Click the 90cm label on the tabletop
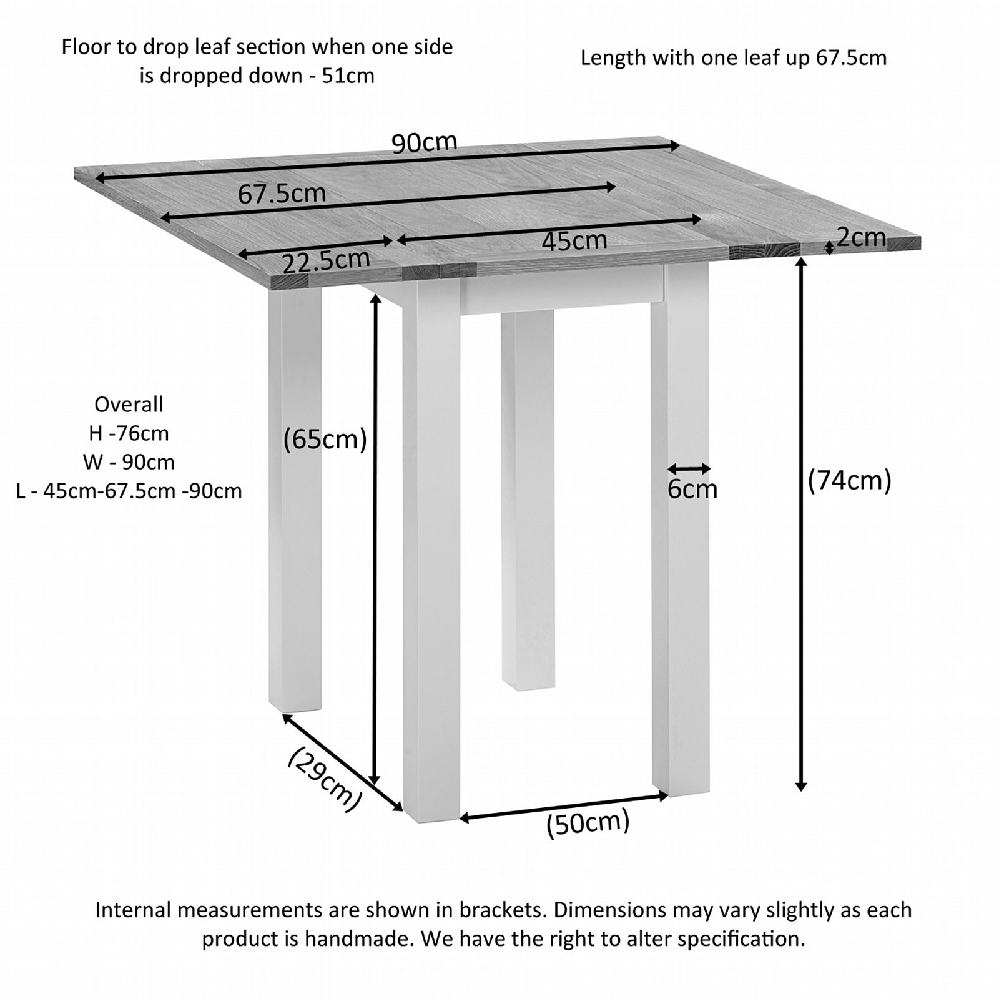424,143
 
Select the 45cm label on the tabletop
574,240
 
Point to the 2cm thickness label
861,237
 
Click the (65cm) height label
325,440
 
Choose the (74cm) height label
849,481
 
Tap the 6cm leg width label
692,489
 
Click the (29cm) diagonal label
325,780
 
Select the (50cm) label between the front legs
588,824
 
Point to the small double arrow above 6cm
689,468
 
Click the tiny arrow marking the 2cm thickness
829,248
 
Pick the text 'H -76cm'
129,433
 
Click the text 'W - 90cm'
129,462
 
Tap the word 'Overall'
129,405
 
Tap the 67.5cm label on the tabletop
282,194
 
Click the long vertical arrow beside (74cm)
802,524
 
